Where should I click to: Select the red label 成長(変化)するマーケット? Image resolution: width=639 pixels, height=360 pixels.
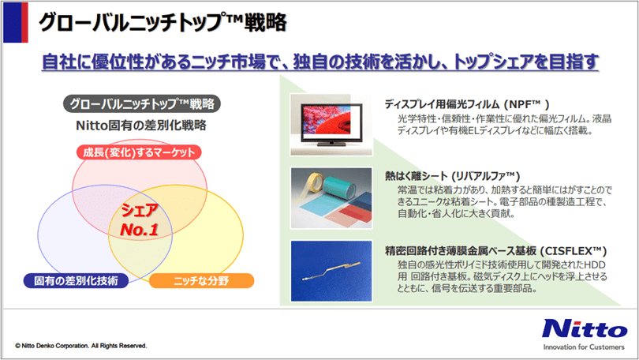pyautogui.click(x=140, y=152)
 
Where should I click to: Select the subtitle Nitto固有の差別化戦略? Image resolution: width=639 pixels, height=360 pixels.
pyautogui.click(x=140, y=126)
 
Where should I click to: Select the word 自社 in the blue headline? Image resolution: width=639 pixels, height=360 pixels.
pyautogui.click(x=54, y=62)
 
